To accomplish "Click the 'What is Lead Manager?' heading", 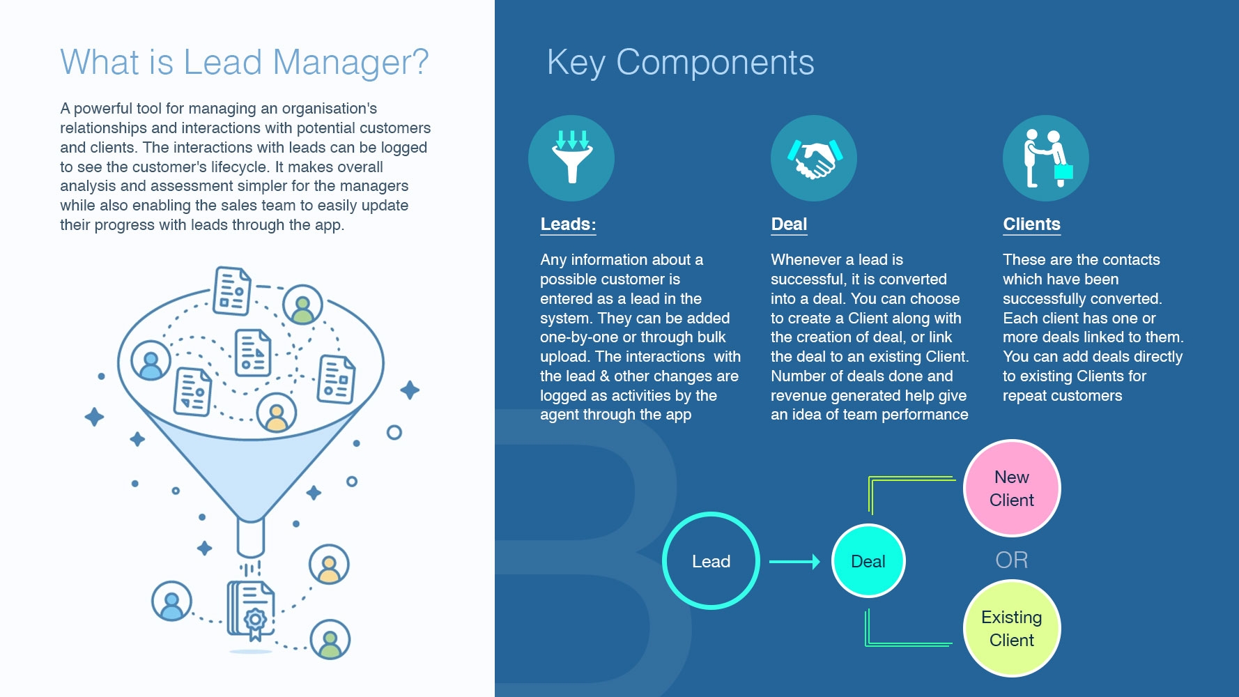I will coord(244,62).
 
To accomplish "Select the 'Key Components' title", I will coord(680,63).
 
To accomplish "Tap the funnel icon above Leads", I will coord(571,158).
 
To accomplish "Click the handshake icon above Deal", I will coord(813,158).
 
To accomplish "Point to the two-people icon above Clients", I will coord(1045,158).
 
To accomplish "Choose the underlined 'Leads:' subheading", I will coord(568,224).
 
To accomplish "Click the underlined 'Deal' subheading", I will coord(789,224).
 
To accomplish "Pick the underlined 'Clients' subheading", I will coord(1031,224).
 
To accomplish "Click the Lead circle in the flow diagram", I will coord(711,561).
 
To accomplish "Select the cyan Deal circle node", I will coord(868,561).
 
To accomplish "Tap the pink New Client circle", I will coord(1012,488).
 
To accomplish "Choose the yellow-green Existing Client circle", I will coord(1012,628).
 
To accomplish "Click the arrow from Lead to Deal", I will coord(794,561).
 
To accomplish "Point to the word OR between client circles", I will coord(1012,560).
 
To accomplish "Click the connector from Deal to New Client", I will coord(906,479).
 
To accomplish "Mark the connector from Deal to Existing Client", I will coord(906,643).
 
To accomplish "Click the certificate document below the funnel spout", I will coord(252,609).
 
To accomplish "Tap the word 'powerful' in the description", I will coord(102,109).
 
